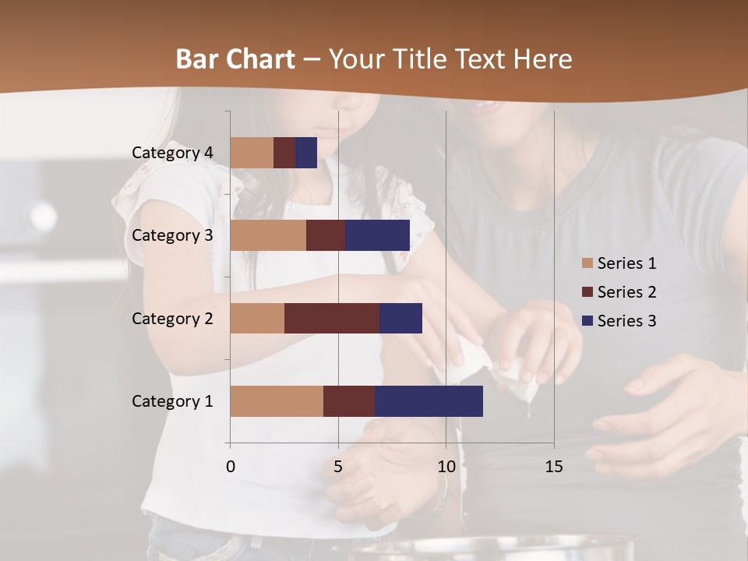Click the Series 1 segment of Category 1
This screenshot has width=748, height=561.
277,401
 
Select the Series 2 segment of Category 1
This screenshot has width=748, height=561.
349,401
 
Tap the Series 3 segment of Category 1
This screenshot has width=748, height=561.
429,401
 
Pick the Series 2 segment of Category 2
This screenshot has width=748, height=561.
332,318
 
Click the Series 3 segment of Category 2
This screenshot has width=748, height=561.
400,318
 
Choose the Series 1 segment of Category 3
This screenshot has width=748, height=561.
268,235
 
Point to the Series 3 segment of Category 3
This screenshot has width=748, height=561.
377,235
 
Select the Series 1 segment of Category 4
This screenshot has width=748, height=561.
252,153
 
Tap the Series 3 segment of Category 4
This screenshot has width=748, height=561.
306,153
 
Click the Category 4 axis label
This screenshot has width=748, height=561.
172,153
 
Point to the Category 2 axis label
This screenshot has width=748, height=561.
172,318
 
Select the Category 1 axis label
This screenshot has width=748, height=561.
172,401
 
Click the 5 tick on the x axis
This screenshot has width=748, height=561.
338,467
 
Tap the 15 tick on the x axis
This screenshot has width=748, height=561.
554,467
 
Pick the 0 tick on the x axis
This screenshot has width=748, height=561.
231,467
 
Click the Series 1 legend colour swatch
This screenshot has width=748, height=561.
587,263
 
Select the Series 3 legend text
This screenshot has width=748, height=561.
626,321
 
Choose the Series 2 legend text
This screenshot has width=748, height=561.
626,292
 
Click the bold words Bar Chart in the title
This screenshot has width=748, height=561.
235,59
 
